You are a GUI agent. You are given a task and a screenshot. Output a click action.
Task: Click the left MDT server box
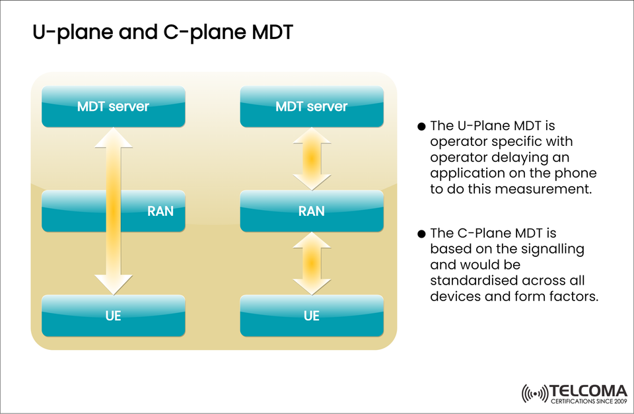coord(113,106)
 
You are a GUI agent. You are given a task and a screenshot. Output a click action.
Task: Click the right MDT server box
coord(311,106)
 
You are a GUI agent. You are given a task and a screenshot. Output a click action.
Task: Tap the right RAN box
coord(311,211)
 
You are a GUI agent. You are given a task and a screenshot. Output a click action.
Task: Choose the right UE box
coord(311,316)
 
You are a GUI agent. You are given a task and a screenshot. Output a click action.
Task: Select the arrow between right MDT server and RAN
coord(311,158)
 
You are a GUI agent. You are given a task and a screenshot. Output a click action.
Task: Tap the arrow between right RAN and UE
coord(311,263)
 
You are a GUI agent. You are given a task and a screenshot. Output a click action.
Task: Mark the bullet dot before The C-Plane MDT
coord(422,234)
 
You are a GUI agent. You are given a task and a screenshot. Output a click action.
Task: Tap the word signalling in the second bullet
coord(553,249)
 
